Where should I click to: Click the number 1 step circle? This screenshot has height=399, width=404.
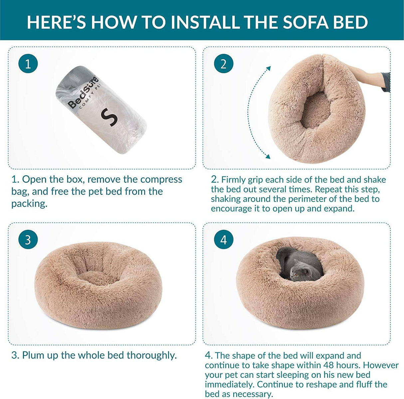pos(28,64)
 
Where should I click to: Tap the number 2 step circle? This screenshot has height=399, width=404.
pos(223,64)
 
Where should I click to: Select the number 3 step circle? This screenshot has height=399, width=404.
pos(28,240)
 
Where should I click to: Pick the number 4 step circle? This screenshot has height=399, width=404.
pos(223,240)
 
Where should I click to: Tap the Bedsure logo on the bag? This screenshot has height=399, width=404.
pos(84,92)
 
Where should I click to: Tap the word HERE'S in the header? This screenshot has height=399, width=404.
pos(56,22)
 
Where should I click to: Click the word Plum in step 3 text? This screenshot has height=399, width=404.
pos(32,355)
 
